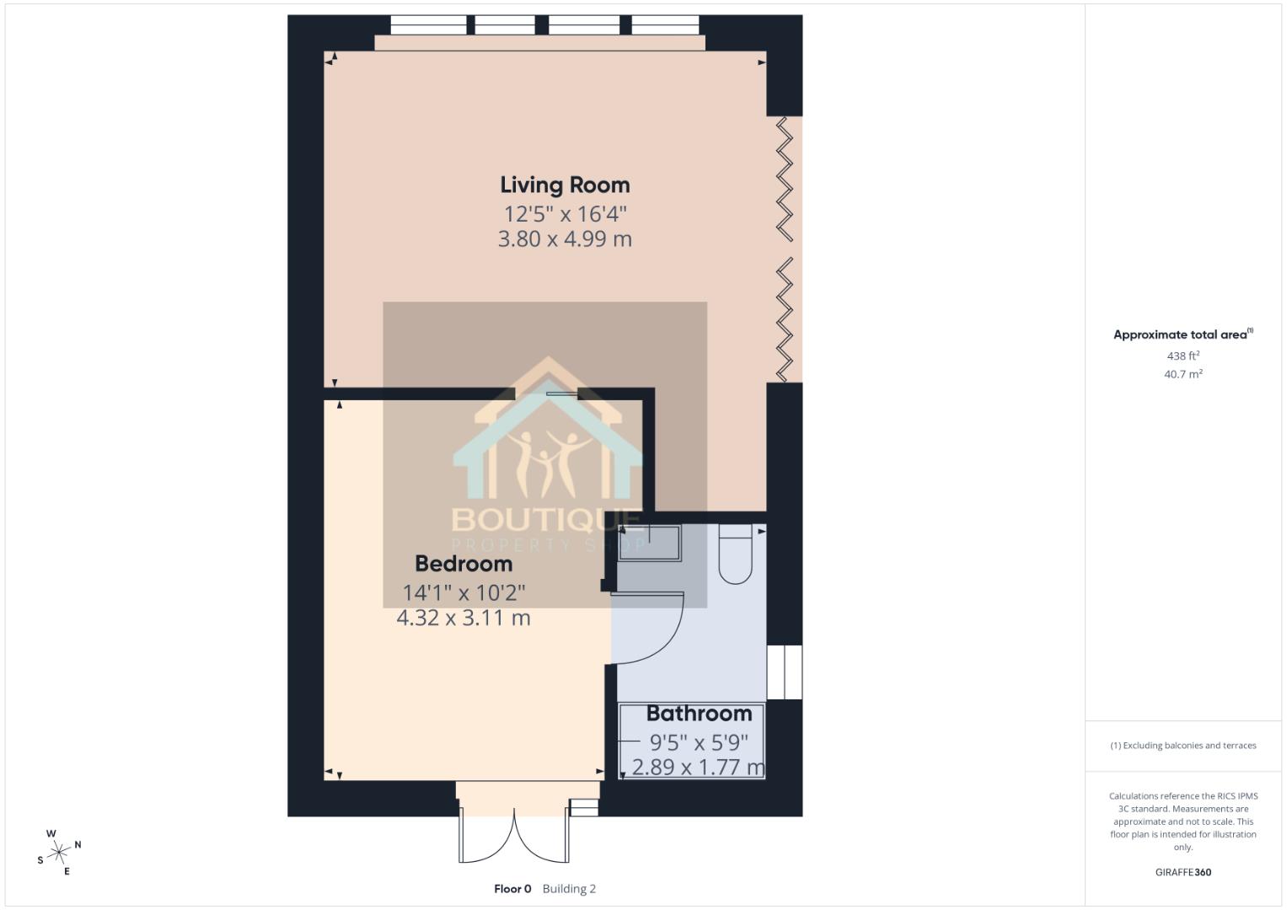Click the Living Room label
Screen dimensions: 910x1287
pyautogui.click(x=565, y=185)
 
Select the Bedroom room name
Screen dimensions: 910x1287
pyautogui.click(x=464, y=563)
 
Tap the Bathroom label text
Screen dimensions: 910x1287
pyautogui.click(x=699, y=714)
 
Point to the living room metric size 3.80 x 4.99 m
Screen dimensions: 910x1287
pyautogui.click(x=565, y=239)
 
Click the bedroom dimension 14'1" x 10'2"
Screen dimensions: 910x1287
pyautogui.click(x=464, y=592)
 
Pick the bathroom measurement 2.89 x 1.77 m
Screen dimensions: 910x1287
pyautogui.click(x=698, y=768)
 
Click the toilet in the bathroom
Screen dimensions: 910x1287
pyautogui.click(x=735, y=554)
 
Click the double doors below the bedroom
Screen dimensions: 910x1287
pyautogui.click(x=513, y=834)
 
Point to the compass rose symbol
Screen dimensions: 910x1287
pyautogui.click(x=59, y=853)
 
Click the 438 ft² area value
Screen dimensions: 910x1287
pyautogui.click(x=1182, y=356)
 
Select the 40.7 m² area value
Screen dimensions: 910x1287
pyautogui.click(x=1182, y=374)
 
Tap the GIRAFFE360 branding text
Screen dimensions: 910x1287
pyautogui.click(x=1182, y=872)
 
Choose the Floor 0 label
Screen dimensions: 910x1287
pyautogui.click(x=512, y=889)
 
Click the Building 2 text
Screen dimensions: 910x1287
pyautogui.click(x=569, y=889)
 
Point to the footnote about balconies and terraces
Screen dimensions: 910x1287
pyautogui.click(x=1182, y=746)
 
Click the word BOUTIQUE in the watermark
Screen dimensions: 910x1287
pyautogui.click(x=546, y=520)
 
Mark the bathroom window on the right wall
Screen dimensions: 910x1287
pyautogui.click(x=785, y=672)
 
